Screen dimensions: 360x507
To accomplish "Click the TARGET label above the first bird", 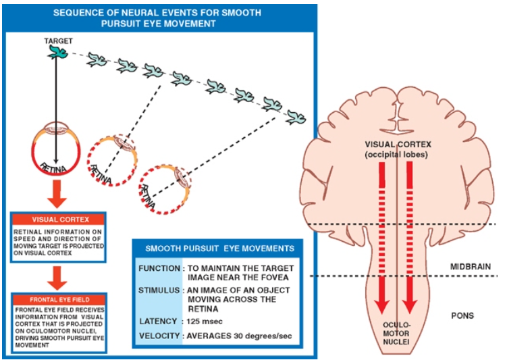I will (58, 41).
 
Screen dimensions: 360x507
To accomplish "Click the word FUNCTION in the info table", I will (157, 268).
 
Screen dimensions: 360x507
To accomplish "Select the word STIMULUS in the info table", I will (157, 288).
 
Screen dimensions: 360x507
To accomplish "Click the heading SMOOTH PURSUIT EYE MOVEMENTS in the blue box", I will (214, 248).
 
